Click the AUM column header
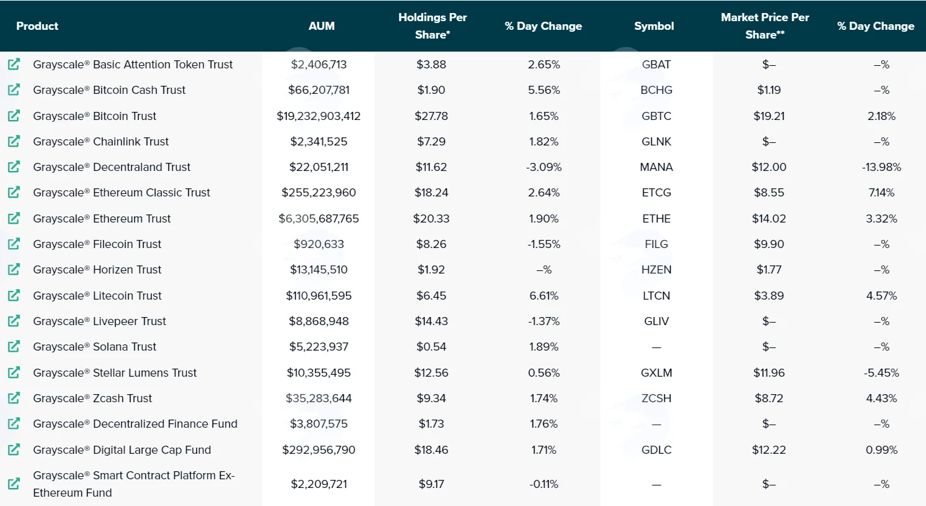coord(321,26)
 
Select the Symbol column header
coord(654,26)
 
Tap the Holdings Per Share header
coord(433,25)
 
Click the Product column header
coord(37,26)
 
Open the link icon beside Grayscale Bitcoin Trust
coord(14,116)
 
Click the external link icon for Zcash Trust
coord(14,398)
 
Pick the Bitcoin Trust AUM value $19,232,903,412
coord(318,116)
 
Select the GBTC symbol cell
coord(656,116)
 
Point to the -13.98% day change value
coord(881,167)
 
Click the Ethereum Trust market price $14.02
coord(769,219)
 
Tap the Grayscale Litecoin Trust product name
coord(97,295)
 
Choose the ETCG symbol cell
coord(656,193)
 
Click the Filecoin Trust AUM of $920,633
coord(319,244)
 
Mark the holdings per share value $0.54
coord(431,347)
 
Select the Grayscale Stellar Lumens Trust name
coord(115,373)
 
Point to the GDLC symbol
coord(656,450)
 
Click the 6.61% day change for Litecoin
coord(544,295)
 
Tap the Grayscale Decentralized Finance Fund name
coord(135,424)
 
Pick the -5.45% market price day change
coord(881,373)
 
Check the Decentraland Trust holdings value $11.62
coord(431,167)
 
